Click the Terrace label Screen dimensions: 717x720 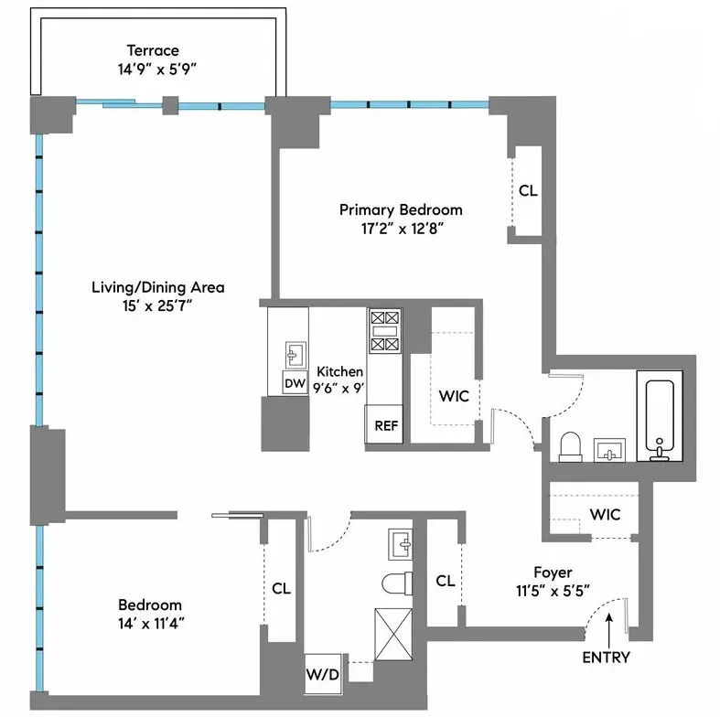[x=154, y=50]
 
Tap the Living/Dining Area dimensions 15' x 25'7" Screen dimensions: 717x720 [x=157, y=305]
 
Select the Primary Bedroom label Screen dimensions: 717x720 [x=401, y=209]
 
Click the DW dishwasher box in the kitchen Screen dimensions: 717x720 [x=294, y=383]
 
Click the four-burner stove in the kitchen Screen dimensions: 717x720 [x=384, y=331]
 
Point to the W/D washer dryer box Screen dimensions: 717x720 [x=322, y=675]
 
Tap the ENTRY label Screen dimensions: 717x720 [x=605, y=657]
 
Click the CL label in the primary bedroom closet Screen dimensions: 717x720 [x=528, y=192]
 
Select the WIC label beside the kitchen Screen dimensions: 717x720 [x=455, y=398]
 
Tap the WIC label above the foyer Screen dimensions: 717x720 [x=605, y=515]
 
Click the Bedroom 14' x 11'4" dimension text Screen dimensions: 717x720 [x=150, y=623]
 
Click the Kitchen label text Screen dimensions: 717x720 [x=339, y=372]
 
